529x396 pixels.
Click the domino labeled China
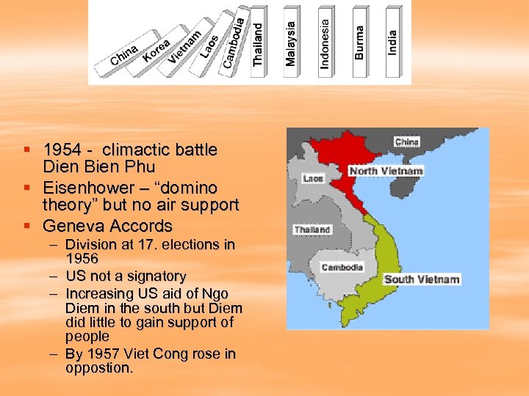tap(125, 56)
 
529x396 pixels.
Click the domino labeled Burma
tap(359, 40)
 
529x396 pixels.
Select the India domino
tap(392, 40)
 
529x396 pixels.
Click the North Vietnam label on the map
tap(386, 171)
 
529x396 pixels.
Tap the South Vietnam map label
tap(422, 279)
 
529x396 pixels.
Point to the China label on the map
tap(407, 142)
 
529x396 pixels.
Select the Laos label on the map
tap(313, 178)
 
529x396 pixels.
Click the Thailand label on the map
tap(313, 230)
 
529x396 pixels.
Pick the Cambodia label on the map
tap(342, 267)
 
